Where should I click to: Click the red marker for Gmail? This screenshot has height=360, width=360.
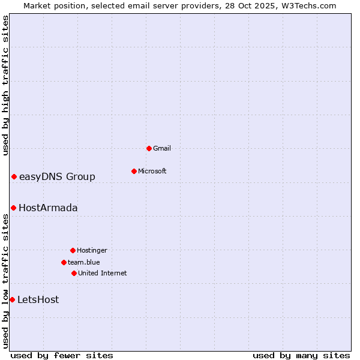pyautogui.click(x=149, y=148)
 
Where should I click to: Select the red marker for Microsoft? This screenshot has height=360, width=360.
pyautogui.click(x=134, y=171)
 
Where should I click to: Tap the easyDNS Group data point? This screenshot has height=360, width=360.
pyautogui.click(x=14, y=176)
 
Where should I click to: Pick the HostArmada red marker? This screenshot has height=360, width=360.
pyautogui.click(x=13, y=208)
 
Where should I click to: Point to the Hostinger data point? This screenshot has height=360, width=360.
pyautogui.click(x=73, y=250)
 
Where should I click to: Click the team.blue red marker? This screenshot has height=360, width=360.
pyautogui.click(x=64, y=262)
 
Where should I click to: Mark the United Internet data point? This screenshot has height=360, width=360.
pyautogui.click(x=74, y=273)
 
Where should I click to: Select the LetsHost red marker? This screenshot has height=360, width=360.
pyautogui.click(x=12, y=299)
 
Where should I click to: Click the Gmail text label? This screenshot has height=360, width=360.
pyautogui.click(x=162, y=148)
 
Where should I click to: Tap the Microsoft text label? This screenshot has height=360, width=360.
pyautogui.click(x=152, y=171)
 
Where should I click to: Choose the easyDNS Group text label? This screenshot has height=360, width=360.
pyautogui.click(x=57, y=176)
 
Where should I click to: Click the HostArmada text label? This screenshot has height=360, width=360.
pyautogui.click(x=48, y=208)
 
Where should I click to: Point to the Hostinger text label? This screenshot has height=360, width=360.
pyautogui.click(x=92, y=250)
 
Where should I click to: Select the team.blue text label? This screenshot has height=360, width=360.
pyautogui.click(x=84, y=262)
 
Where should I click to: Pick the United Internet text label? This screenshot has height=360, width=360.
pyautogui.click(x=103, y=273)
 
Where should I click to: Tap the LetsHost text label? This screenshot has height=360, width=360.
pyautogui.click(x=38, y=299)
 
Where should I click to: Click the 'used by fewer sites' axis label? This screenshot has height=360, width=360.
pyautogui.click(x=62, y=355)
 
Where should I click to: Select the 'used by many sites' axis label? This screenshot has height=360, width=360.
pyautogui.click(x=301, y=355)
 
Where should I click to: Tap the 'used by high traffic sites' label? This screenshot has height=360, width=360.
pyautogui.click(x=5, y=85)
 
